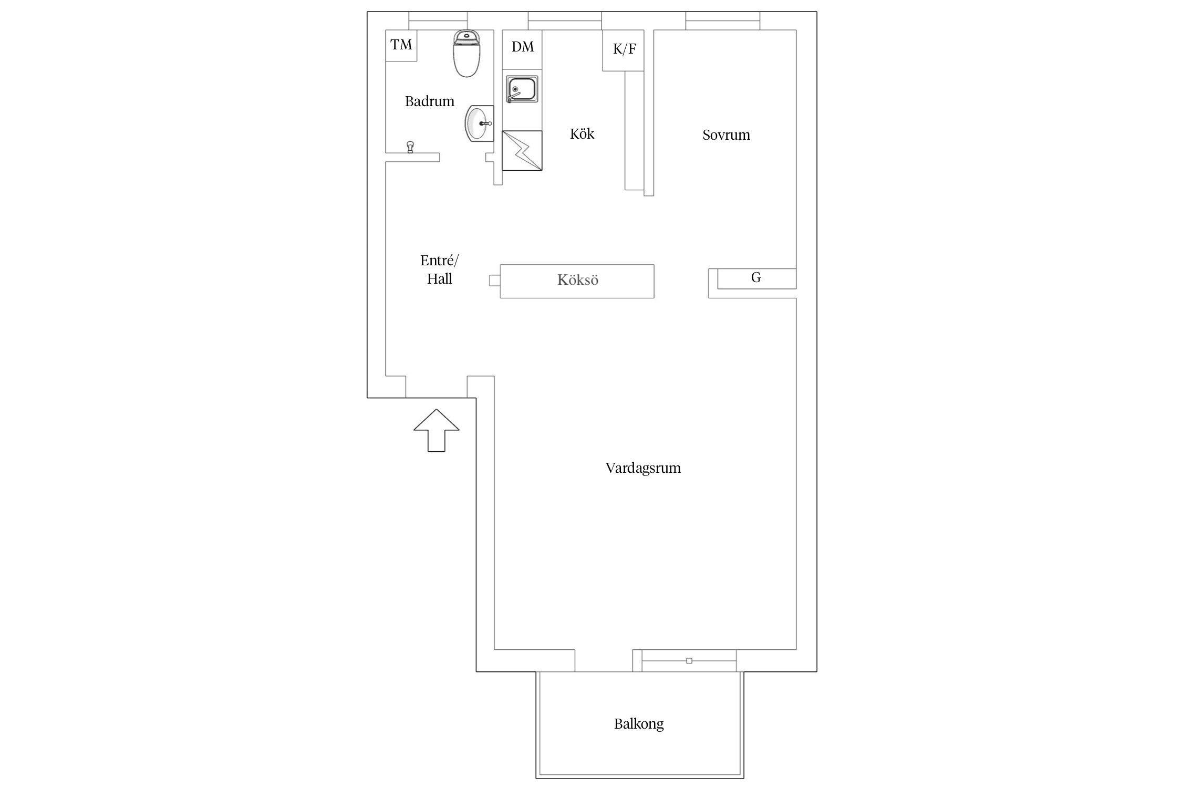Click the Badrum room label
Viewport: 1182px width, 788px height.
point(429,101)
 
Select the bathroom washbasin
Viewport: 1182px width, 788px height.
point(479,123)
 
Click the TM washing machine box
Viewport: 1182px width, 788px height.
point(401,45)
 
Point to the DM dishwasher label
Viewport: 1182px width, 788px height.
point(523,47)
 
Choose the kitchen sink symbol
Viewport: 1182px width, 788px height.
point(522,89)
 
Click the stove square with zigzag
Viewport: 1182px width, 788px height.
point(522,151)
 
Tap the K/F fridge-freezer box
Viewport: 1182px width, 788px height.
point(623,50)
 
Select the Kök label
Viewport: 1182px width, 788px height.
point(582,134)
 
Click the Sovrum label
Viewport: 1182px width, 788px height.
point(726,135)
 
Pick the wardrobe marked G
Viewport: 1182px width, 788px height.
point(756,278)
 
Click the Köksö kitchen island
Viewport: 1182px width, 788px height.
point(577,281)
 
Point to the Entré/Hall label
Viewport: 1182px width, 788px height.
point(439,269)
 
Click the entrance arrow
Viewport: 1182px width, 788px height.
point(437,430)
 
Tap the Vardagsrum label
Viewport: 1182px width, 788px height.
point(643,468)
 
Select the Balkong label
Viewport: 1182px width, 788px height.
point(639,724)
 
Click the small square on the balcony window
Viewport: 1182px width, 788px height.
point(689,661)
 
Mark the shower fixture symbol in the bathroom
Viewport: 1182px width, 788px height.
point(410,147)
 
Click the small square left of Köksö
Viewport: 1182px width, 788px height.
point(494,281)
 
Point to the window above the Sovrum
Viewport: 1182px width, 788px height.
point(723,21)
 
